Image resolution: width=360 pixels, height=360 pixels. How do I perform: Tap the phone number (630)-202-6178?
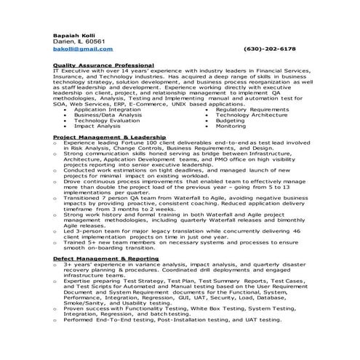(270, 49)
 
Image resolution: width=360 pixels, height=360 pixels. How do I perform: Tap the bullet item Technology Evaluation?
(106, 121)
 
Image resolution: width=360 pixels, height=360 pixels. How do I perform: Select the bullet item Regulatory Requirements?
(252, 109)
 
